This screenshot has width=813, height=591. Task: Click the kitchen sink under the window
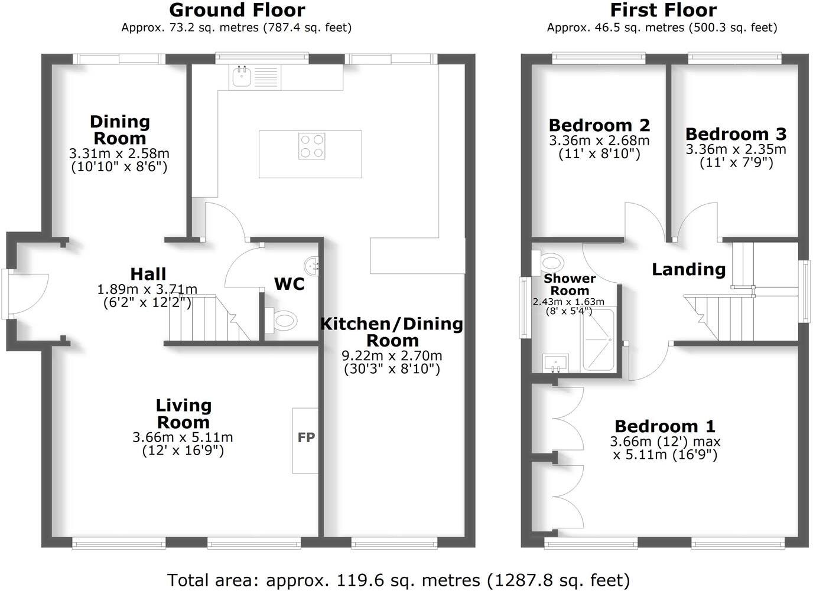coord(242,77)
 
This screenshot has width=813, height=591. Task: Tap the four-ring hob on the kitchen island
coord(311,146)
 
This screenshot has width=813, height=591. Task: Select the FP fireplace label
coord(306,437)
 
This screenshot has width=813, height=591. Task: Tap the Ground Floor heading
coord(237,10)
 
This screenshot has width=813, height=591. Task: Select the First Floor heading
coord(663,10)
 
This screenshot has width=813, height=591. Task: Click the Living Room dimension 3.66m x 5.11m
coord(183,437)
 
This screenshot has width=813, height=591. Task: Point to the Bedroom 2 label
coord(599,125)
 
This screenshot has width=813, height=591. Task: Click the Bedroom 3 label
coord(736,133)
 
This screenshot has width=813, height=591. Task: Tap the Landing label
coord(688,269)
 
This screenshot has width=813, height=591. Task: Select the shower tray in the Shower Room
coord(598,340)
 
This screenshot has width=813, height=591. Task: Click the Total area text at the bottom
coord(398,580)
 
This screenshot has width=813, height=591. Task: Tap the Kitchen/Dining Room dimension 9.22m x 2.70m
coord(392,356)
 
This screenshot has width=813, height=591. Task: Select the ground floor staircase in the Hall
coord(207,319)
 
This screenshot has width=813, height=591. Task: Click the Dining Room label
coord(120,130)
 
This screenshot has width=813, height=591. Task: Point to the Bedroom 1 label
coord(665,426)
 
